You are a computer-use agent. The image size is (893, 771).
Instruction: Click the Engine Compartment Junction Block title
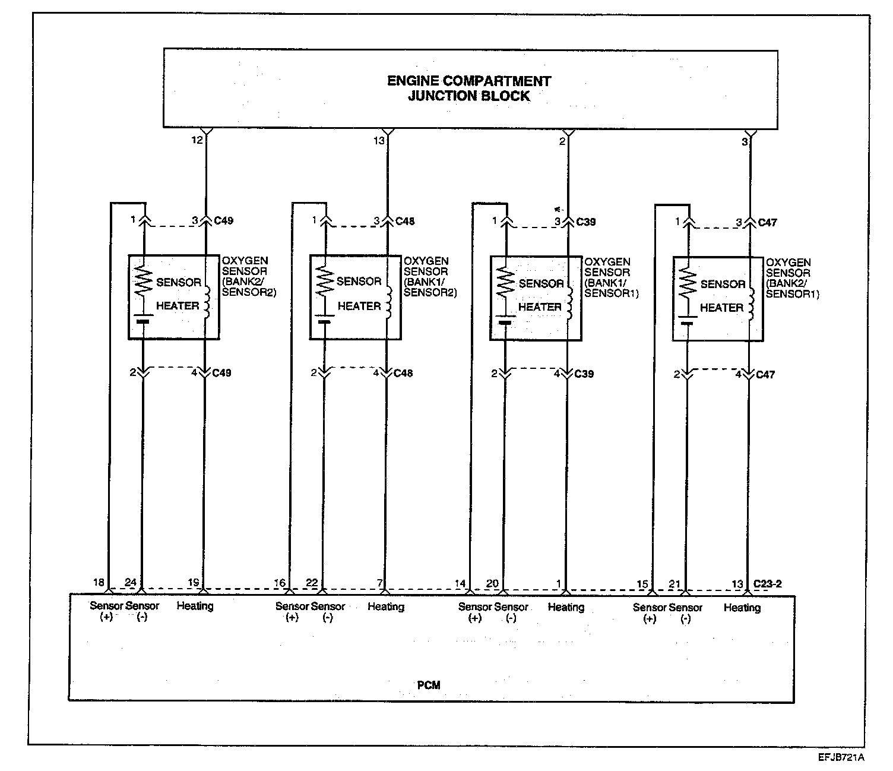(469, 89)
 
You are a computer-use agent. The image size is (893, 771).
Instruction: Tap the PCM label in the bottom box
(428, 685)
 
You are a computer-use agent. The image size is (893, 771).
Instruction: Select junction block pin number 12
(197, 140)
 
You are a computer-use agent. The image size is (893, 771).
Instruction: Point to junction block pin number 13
(379, 141)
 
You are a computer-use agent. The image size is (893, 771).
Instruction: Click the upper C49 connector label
(224, 221)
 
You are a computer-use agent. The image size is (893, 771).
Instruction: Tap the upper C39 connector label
(586, 222)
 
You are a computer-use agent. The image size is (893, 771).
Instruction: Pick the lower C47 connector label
(765, 375)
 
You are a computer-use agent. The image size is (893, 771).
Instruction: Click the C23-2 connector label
(768, 583)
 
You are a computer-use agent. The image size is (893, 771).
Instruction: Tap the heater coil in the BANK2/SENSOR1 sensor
(750, 305)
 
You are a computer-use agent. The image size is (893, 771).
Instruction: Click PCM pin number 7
(380, 583)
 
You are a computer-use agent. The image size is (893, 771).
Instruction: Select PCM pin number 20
(492, 583)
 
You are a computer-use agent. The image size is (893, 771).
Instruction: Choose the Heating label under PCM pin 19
(195, 606)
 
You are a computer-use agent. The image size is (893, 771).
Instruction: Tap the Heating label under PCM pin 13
(742, 608)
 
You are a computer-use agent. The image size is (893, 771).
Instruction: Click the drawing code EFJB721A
(840, 757)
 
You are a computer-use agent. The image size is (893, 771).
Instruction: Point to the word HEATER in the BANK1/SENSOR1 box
(540, 307)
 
